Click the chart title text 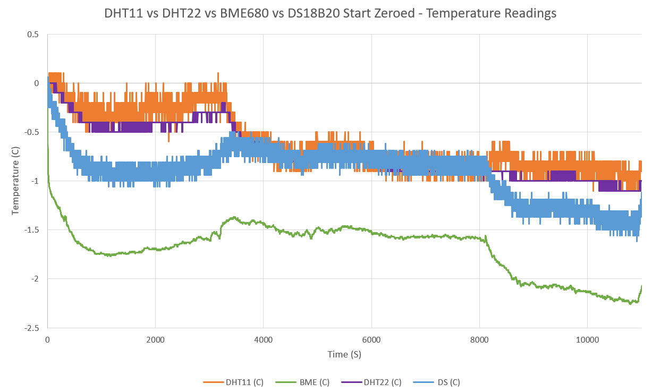tap(330, 14)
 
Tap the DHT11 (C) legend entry tap(234, 382)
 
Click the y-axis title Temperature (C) tap(15, 181)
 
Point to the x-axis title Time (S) tap(344, 354)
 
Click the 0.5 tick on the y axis tap(33, 35)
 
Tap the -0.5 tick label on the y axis tap(32, 132)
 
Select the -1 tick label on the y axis tap(35, 181)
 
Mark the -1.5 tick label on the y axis tap(32, 230)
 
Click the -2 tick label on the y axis tap(35, 279)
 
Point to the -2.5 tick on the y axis tap(32, 328)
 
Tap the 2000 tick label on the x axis tap(155, 340)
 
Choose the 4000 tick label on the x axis tap(263, 340)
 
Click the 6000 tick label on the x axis tap(371, 340)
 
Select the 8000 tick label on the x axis tap(479, 340)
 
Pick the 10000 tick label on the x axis tap(587, 340)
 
